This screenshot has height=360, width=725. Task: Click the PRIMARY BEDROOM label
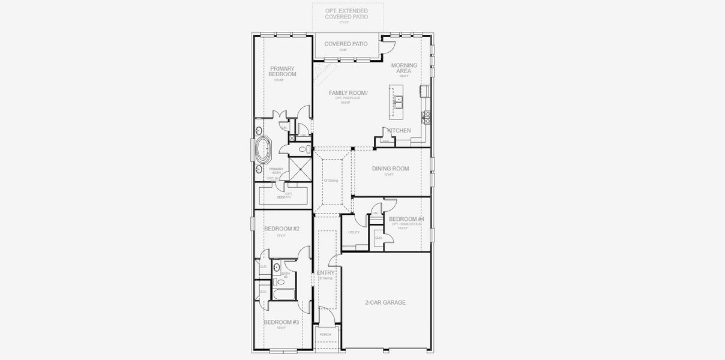(x=282, y=71)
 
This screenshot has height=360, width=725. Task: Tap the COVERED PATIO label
(x=346, y=44)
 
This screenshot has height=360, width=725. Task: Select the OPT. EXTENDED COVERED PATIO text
(x=346, y=14)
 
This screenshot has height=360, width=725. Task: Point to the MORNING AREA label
(x=403, y=68)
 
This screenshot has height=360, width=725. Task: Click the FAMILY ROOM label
(x=348, y=93)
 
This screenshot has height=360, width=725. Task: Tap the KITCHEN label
(x=400, y=130)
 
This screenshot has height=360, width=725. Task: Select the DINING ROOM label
(x=390, y=169)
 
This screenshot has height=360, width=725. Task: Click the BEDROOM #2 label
(x=281, y=229)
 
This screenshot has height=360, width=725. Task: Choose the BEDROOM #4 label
(x=406, y=220)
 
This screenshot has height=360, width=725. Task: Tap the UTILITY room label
(x=353, y=232)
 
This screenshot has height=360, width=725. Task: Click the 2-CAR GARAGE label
(x=385, y=302)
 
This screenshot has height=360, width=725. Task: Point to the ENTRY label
(x=326, y=273)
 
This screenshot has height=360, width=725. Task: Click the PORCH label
(x=325, y=334)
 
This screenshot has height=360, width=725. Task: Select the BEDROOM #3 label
(x=281, y=322)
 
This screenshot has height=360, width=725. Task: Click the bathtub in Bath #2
(x=283, y=295)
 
